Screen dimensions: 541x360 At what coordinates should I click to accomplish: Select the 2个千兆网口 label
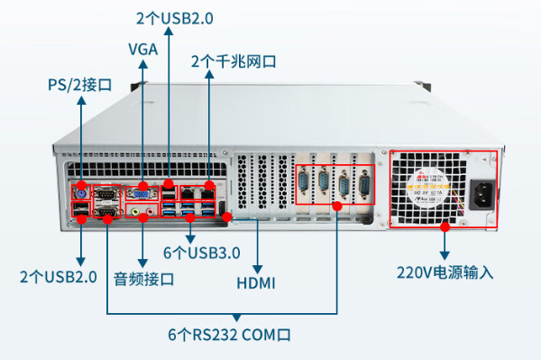pos(233,61)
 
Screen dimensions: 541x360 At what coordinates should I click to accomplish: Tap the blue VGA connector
pos(141,191)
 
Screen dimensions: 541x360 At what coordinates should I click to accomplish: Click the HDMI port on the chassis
pos(226,217)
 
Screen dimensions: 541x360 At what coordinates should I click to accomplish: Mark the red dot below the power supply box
pos(444,227)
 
